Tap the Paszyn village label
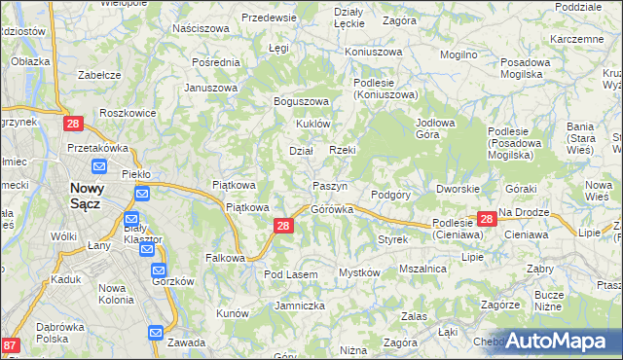pos(330,186)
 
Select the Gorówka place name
pos(331,209)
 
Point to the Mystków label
pos(357,272)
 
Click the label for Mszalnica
pos(422,269)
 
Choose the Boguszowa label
pos(303,101)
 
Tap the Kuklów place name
pos(315,125)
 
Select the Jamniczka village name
pos(299,306)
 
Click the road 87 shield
pos(11,345)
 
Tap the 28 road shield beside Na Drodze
pos(487,221)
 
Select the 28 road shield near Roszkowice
pos(73,124)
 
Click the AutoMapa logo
pos(559,341)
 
